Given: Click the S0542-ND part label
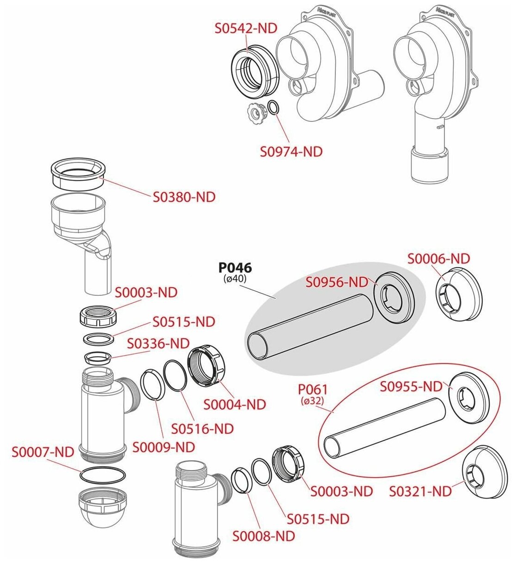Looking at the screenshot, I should tap(246, 28).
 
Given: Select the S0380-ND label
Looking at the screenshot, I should tap(184, 197).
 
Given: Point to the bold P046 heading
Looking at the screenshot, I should tap(235, 268).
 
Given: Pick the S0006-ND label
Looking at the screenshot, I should tap(438, 258).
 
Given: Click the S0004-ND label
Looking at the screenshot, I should tap(235, 405).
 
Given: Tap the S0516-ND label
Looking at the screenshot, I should tap(202, 429).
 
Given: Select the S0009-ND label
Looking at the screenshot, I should tap(164, 447).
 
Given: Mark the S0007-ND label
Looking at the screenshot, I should tap(43, 452).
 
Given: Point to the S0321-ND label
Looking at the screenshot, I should tap(420, 491).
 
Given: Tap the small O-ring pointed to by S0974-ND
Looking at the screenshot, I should tap(273, 108).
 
